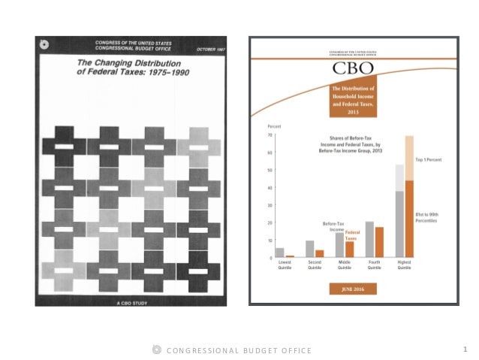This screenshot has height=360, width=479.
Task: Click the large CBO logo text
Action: pyautogui.click(x=352, y=71)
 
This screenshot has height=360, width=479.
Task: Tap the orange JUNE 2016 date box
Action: pyautogui.click(x=351, y=289)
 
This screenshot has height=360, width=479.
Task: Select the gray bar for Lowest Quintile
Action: pyautogui.click(x=280, y=253)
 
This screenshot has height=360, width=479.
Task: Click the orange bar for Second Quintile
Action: pyautogui.click(x=319, y=253)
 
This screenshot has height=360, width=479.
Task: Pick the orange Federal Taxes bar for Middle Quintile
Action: pyautogui.click(x=349, y=249)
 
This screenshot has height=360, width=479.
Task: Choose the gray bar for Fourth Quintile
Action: pyautogui.click(x=369, y=240)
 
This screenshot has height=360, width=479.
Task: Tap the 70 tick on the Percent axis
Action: pyautogui.click(x=270, y=135)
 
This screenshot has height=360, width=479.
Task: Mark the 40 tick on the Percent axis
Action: pyautogui.click(x=270, y=188)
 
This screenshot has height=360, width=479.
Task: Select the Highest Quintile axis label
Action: pyautogui.click(x=404, y=266)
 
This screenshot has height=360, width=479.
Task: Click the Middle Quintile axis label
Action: pyautogui.click(x=345, y=266)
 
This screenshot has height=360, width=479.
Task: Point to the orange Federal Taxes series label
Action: pyautogui.click(x=351, y=235)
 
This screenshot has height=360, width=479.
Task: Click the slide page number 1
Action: pyautogui.click(x=465, y=349)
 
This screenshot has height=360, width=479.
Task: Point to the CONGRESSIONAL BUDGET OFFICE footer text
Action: pyautogui.click(x=239, y=350)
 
